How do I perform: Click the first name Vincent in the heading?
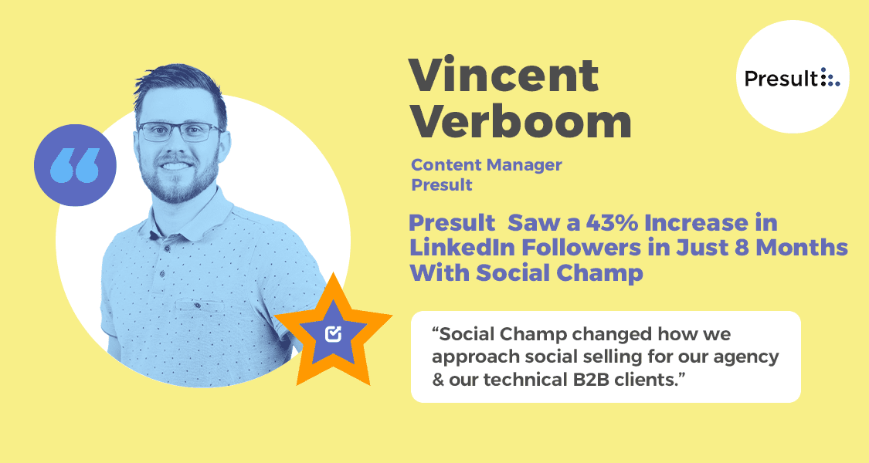coord(504,75)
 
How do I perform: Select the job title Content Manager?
coord(487,164)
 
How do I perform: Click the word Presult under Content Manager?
coord(442,185)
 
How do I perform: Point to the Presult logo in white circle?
coord(792,78)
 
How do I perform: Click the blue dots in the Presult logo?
coord(830,78)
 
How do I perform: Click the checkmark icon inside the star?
coord(334,333)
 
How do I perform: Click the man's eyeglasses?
coord(179,132)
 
